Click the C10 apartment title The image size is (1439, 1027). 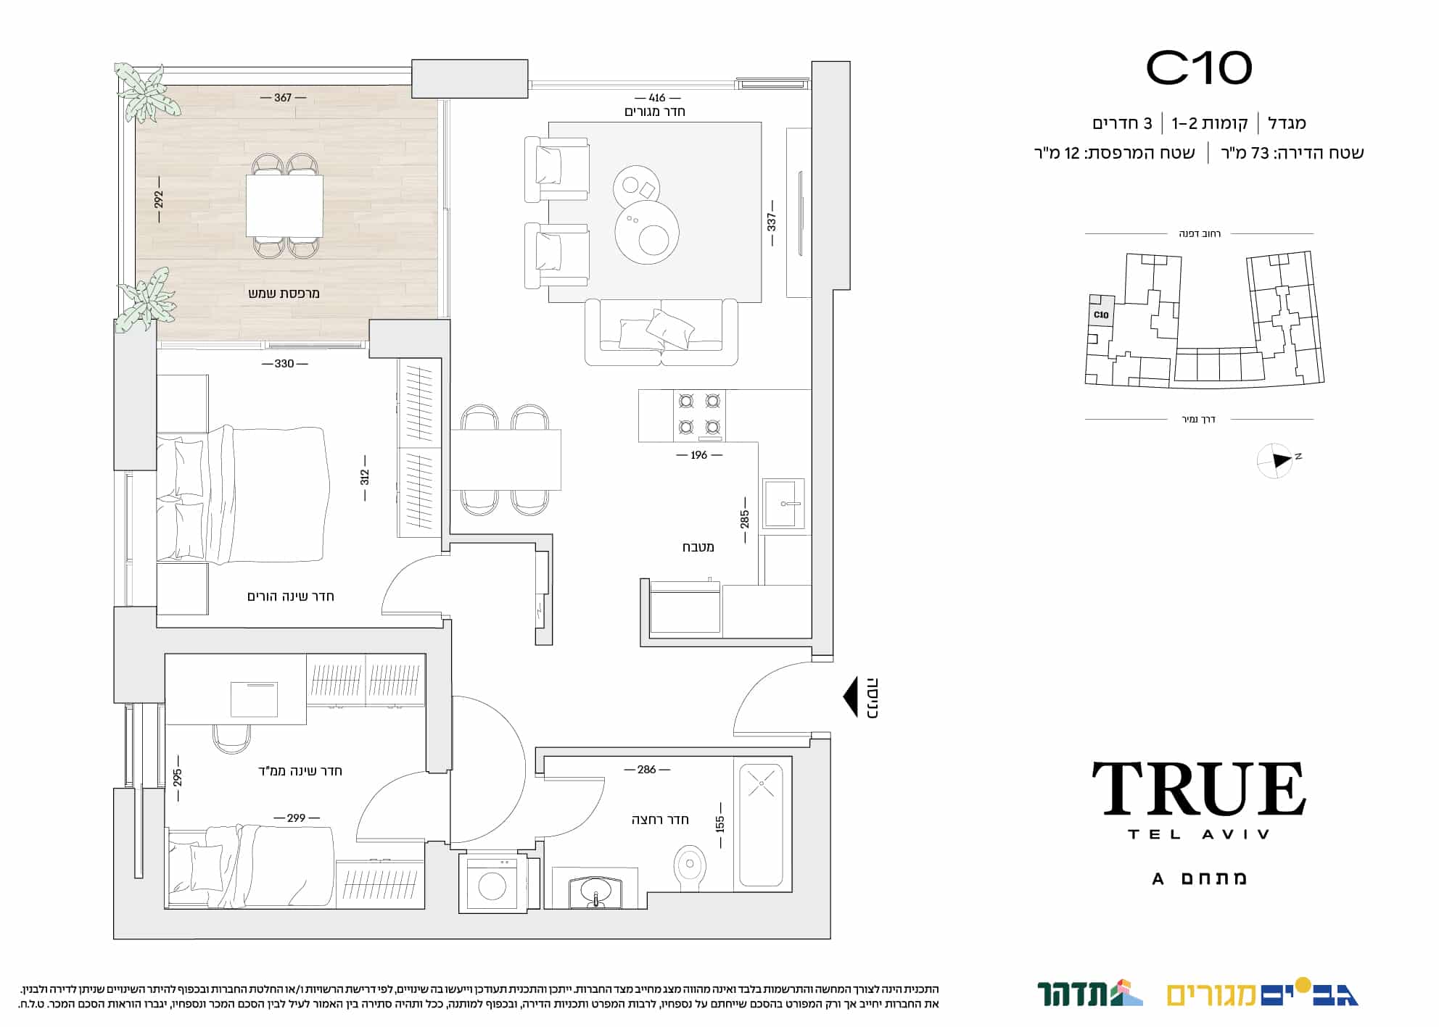click(1199, 68)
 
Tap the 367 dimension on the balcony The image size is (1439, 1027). click(283, 98)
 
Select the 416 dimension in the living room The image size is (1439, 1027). click(657, 98)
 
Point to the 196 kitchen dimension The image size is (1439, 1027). click(698, 455)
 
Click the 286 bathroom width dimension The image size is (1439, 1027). click(646, 770)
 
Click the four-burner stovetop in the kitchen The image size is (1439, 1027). click(699, 415)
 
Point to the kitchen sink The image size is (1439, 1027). click(783, 504)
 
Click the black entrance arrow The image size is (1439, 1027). click(851, 697)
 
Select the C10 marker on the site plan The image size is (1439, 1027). click(1101, 315)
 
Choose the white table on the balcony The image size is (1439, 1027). click(284, 205)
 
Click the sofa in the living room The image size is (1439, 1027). click(661, 332)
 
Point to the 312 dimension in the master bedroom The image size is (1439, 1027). click(365, 477)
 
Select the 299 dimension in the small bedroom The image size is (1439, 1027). click(296, 818)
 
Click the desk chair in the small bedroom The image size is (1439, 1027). click(232, 739)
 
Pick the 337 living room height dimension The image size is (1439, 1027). click(772, 222)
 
